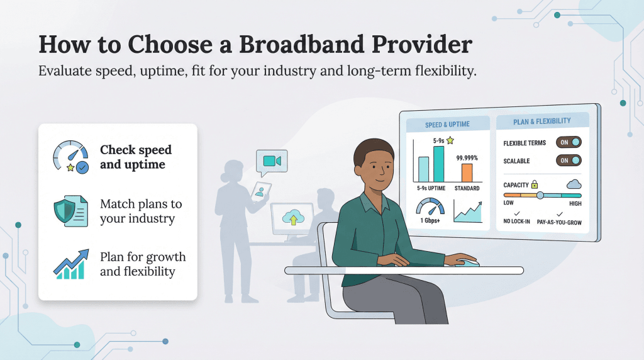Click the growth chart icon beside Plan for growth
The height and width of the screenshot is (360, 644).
click(69, 264)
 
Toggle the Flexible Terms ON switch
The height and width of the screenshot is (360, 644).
click(569, 142)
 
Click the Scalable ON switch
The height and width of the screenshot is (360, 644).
click(569, 160)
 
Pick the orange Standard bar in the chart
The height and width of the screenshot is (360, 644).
click(467, 172)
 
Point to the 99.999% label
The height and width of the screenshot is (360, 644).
click(467, 157)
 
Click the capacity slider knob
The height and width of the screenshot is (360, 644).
click(540, 195)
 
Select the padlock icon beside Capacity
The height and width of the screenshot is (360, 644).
click(535, 185)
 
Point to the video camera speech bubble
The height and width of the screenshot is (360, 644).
click(272, 161)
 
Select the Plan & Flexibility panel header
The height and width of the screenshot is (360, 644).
click(542, 121)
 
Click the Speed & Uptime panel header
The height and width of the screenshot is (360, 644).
click(447, 124)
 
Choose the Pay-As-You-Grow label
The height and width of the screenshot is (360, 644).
click(559, 222)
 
